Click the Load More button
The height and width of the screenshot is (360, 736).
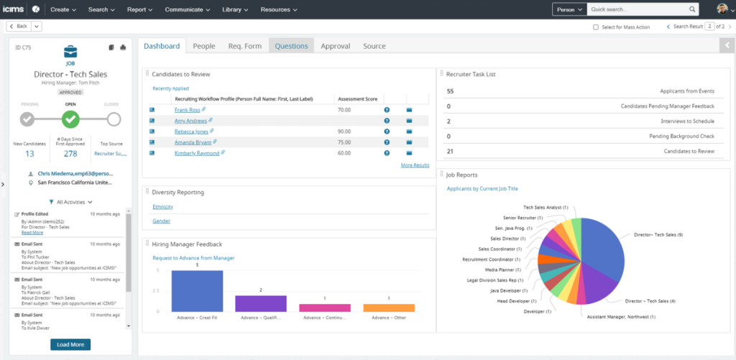70,345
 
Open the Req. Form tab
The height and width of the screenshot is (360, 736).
244,46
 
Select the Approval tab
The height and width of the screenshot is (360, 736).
335,46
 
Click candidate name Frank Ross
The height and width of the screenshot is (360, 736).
187,110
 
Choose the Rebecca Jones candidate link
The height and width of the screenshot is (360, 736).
191,131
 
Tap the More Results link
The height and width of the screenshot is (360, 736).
415,165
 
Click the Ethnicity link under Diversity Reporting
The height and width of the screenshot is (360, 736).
163,207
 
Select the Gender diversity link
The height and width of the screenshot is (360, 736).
161,221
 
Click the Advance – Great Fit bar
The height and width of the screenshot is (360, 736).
197,290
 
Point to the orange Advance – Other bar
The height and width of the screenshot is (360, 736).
389,308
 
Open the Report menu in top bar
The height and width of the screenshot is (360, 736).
139,9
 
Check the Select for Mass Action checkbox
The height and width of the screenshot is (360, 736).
596,27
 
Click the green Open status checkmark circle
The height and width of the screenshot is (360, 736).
70,119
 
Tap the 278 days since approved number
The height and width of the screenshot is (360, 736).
70,154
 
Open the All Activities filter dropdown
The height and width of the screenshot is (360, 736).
70,202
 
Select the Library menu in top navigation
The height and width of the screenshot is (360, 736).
235,9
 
